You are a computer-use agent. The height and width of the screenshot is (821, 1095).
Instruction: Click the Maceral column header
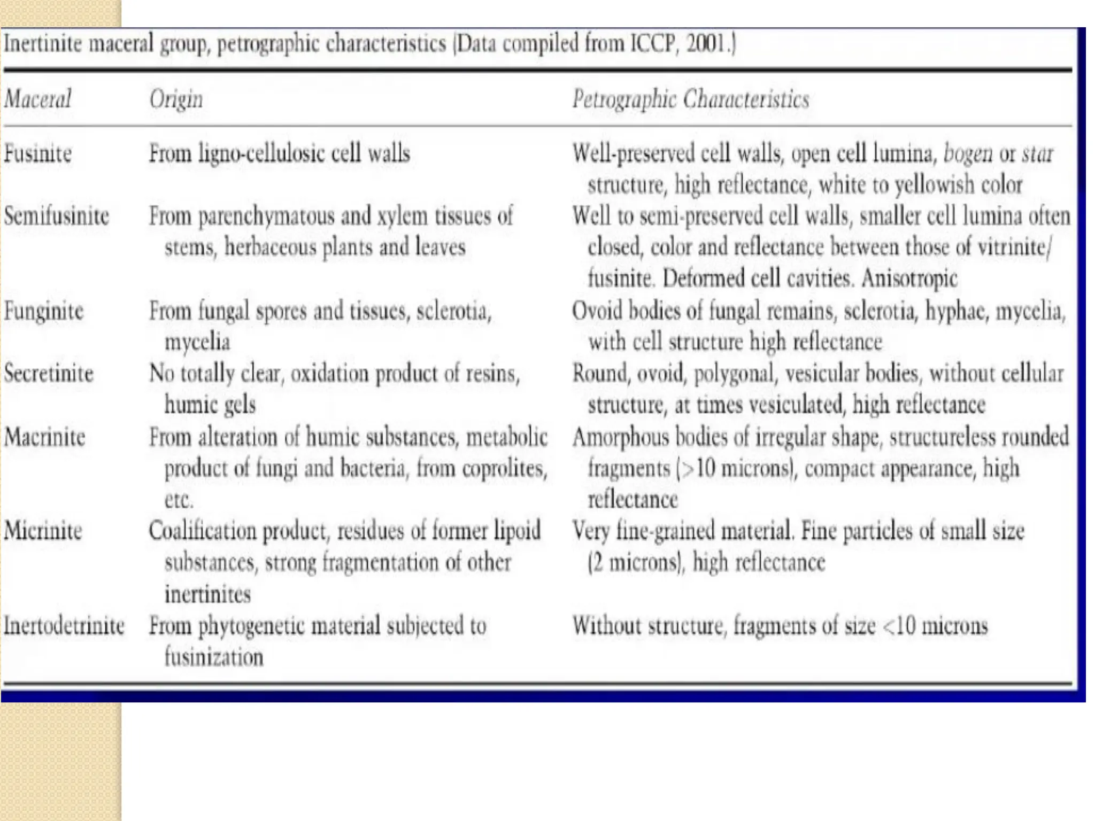point(37,99)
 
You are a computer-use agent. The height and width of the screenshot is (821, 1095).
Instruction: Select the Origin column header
point(176,99)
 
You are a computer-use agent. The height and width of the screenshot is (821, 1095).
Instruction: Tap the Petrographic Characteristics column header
point(690,99)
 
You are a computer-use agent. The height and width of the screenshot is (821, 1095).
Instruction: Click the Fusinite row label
point(37,154)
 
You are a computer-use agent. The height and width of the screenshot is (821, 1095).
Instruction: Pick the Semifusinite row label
point(56,216)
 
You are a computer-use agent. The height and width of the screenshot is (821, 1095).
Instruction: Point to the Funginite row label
point(44,311)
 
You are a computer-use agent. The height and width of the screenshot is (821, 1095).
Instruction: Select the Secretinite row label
point(49,374)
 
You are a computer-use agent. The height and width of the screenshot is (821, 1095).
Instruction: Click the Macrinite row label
point(44,437)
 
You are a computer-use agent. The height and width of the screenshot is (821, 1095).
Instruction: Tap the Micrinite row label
point(43,531)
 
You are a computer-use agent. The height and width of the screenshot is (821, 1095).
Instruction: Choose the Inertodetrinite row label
point(64,625)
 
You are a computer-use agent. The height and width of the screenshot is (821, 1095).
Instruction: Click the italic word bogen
point(967,154)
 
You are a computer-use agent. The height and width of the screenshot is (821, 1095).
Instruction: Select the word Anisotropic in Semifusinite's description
point(909,278)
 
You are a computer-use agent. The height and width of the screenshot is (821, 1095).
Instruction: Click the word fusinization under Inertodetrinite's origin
point(214,657)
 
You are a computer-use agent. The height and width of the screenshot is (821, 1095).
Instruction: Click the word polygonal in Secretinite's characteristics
point(734,374)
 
